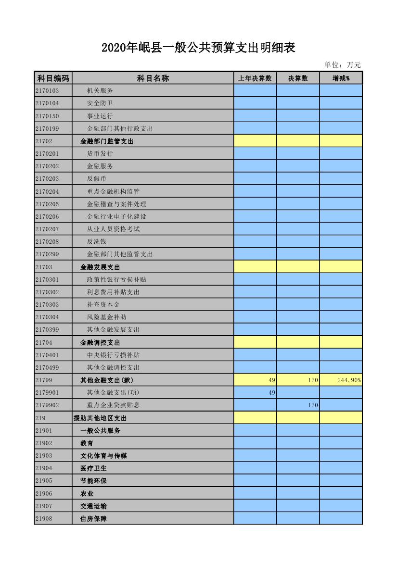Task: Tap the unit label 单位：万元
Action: pos(342,65)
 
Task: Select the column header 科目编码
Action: pos(53,78)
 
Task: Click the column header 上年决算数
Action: pos(255,78)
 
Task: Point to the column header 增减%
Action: pos(341,78)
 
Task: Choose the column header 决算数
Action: pos(298,78)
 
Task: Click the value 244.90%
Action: pos(349,380)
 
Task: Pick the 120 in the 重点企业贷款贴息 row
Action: pos(313,405)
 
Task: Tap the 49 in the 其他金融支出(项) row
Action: pos(272,393)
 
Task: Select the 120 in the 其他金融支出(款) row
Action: pos(313,380)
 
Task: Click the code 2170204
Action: pos(47,191)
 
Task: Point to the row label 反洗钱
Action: pos(96,241)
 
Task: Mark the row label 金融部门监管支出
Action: pos(106,141)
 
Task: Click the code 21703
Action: pos(44,267)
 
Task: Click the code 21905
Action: pos(44,481)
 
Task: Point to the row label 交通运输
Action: pos(93,506)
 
